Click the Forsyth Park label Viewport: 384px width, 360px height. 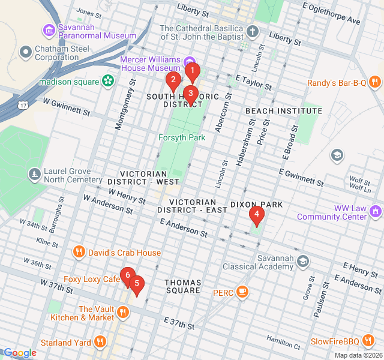[182, 137]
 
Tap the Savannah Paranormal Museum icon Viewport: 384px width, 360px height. [48, 29]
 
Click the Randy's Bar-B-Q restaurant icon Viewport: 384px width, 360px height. [374, 82]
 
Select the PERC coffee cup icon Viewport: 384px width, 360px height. [242, 292]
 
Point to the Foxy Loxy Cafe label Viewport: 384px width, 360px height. [92, 279]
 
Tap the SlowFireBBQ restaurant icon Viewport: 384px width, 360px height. [367, 341]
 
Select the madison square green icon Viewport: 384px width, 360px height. [108, 80]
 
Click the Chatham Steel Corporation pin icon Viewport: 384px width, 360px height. [25, 52]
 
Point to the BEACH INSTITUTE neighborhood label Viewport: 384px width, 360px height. [284, 111]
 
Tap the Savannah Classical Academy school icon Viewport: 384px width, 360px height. [303, 261]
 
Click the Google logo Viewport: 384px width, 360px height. [19, 353]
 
